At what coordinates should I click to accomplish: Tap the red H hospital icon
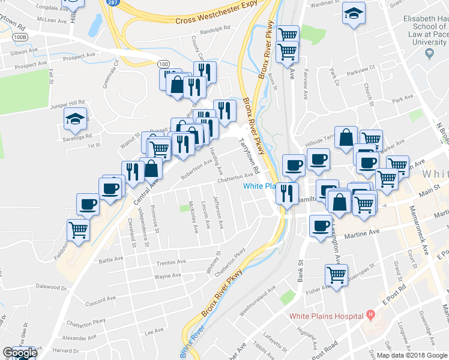pyautogui.click(x=370, y=314)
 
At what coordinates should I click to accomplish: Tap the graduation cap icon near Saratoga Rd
pyautogui.click(x=76, y=120)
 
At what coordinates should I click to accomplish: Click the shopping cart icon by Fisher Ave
pyautogui.click(x=336, y=276)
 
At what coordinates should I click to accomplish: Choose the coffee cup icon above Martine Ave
pyautogui.click(x=321, y=227)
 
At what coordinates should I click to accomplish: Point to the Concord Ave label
pyautogui.click(x=96, y=300)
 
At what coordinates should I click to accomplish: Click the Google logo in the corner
pyautogui.click(x=19, y=353)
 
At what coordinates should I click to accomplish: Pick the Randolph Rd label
pyautogui.click(x=216, y=28)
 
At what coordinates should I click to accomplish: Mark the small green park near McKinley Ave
pyautogui.click(x=184, y=208)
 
